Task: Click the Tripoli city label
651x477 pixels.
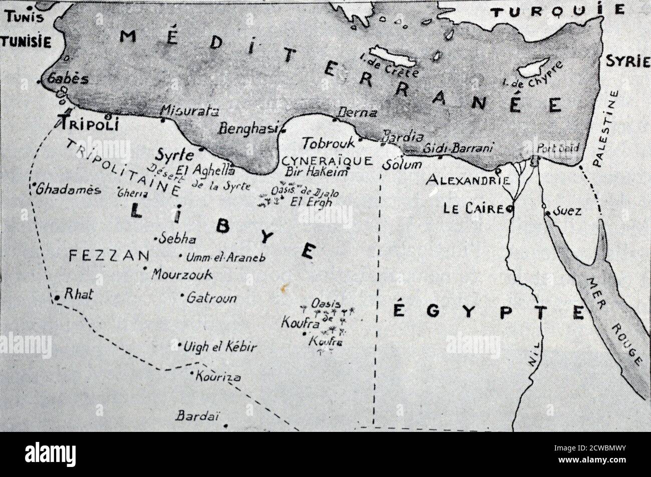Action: pyautogui.click(x=88, y=123)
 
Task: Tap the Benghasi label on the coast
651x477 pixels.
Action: pyautogui.click(x=247, y=128)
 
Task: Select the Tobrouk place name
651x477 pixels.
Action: pyautogui.click(x=328, y=143)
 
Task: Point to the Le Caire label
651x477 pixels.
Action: pyautogui.click(x=473, y=209)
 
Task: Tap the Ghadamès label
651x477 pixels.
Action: pyautogui.click(x=68, y=190)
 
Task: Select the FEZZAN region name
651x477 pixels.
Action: pyautogui.click(x=109, y=256)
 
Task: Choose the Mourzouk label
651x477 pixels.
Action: pyautogui.click(x=181, y=275)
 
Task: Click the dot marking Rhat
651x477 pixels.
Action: pyautogui.click(x=58, y=298)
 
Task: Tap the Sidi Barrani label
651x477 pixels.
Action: pyautogui.click(x=458, y=148)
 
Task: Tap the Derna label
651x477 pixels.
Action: pyautogui.click(x=357, y=113)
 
